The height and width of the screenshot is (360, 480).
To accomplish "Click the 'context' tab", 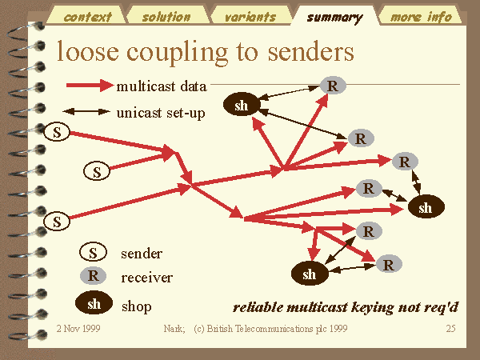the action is pyautogui.click(x=87, y=15).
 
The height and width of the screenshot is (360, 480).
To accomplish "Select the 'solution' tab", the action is pyautogui.click(x=167, y=15).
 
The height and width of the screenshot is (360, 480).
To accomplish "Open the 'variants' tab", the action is pyautogui.click(x=250, y=15).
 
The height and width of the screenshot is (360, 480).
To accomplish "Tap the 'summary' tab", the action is pyautogui.click(x=335, y=16).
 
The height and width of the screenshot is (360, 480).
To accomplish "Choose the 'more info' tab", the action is pyautogui.click(x=421, y=15).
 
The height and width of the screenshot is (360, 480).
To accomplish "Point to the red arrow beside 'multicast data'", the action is pyautogui.click(x=90, y=85).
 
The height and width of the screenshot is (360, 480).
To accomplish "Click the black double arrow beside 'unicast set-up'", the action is pyautogui.click(x=86, y=112).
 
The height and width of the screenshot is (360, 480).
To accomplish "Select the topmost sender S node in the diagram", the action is pyautogui.click(x=57, y=132).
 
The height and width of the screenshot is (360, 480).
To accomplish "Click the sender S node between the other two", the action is pyautogui.click(x=97, y=171).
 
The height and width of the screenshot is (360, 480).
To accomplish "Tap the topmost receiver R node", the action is pyautogui.click(x=333, y=86).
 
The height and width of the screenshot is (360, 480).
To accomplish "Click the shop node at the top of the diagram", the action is pyautogui.click(x=242, y=105).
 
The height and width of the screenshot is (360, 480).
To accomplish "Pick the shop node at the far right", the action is pyautogui.click(x=426, y=207).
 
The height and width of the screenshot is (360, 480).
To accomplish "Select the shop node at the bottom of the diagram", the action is pyautogui.click(x=310, y=274).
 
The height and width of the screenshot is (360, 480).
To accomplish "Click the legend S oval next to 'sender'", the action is pyautogui.click(x=93, y=252).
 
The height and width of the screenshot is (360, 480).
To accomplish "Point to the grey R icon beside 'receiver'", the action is pyautogui.click(x=93, y=275).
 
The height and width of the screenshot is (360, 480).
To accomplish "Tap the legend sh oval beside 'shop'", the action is pyautogui.click(x=94, y=302).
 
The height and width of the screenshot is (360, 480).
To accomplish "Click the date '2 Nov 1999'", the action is pyautogui.click(x=78, y=329).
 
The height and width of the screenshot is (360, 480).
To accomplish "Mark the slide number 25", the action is pyautogui.click(x=450, y=329).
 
